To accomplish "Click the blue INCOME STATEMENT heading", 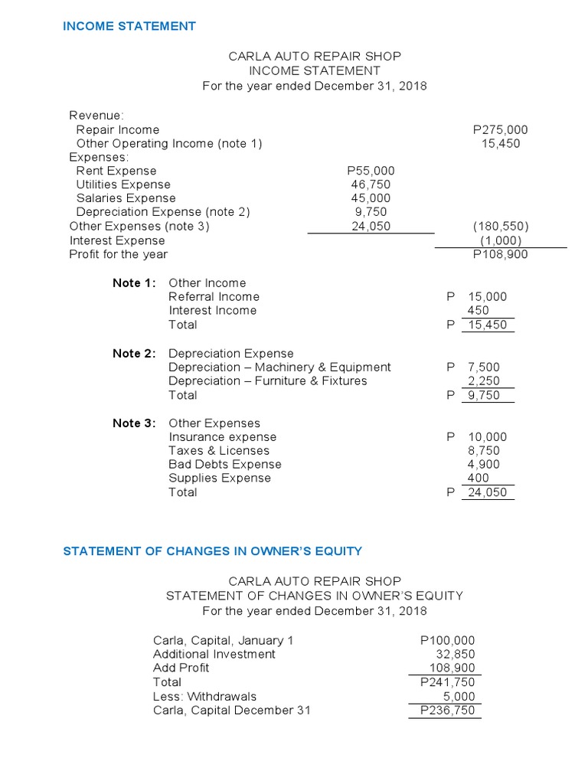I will [x=129, y=26].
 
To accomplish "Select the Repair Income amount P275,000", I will [x=501, y=130].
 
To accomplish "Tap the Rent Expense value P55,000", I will [x=371, y=171].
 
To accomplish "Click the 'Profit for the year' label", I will [x=118, y=254].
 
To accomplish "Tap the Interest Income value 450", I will [x=480, y=311].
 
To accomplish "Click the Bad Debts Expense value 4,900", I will [x=484, y=465].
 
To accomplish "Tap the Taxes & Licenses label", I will [x=219, y=451].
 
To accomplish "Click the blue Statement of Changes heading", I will [x=213, y=550].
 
